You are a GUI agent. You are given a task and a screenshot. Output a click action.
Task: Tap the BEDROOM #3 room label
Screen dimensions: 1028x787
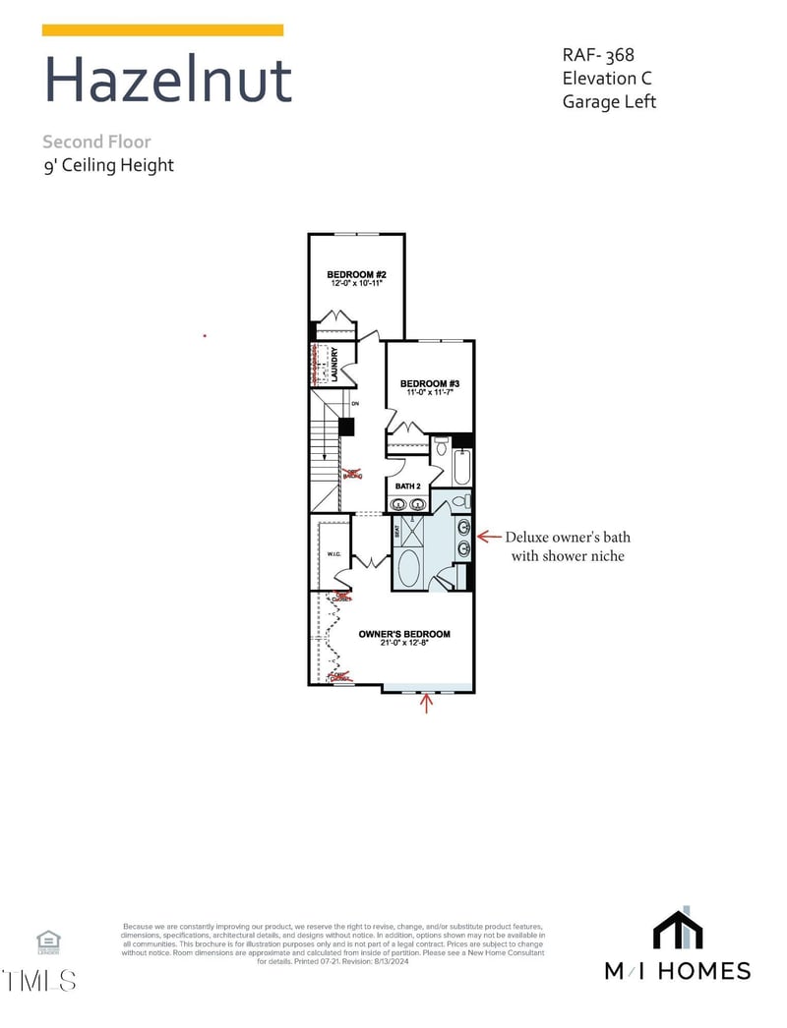pos(429,383)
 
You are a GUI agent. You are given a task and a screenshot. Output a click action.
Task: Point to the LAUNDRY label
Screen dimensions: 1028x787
pos(335,364)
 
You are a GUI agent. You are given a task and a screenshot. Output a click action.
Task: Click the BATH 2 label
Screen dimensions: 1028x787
pos(407,485)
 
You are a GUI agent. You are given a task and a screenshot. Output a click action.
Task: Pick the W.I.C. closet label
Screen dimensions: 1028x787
pos(333,554)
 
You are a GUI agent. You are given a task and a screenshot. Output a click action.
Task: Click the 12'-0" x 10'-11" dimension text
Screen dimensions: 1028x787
pos(354,283)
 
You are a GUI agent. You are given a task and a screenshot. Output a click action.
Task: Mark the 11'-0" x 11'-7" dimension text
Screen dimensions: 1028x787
pos(429,392)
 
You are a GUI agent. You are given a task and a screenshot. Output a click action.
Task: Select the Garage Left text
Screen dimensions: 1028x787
pos(609,101)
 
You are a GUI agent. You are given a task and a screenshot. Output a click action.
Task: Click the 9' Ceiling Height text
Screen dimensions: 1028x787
pos(108,165)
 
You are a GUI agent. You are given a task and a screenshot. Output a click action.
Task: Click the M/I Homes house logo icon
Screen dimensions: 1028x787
pos(677,931)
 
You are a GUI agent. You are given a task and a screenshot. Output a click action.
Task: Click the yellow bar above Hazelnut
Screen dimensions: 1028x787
pos(162,30)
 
